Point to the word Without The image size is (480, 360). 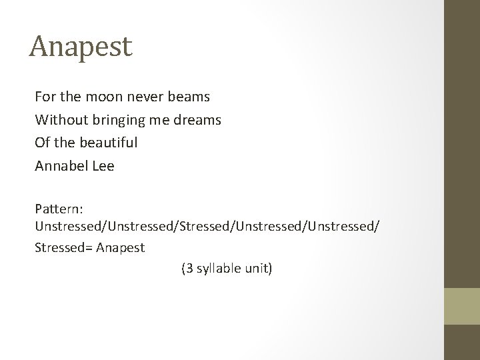[x=58, y=120]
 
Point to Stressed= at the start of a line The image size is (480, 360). [x=64, y=248]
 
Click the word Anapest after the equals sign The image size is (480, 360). [x=121, y=248]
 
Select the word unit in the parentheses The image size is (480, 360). [x=257, y=269]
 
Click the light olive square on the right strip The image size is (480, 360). [x=462, y=305]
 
